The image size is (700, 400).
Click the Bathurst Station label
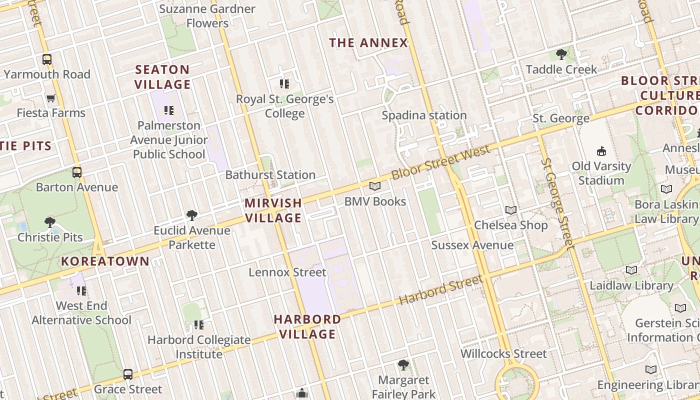coord(270,175)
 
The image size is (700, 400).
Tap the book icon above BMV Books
coord(374,186)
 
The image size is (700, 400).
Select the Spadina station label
coord(424,115)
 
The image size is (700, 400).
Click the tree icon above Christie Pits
coord(49,221)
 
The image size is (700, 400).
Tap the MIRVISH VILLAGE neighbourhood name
coord(273,210)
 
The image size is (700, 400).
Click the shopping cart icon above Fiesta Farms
coord(50,98)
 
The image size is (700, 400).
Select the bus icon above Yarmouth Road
coord(47,59)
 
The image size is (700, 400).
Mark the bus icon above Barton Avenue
coord(77,172)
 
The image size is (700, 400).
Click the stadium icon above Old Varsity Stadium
coord(601,151)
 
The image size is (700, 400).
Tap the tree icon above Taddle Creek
coord(561,54)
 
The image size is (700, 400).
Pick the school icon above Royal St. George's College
coord(284,84)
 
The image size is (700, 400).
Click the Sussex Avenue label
coord(472,245)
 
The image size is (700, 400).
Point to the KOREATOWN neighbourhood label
coord(105,261)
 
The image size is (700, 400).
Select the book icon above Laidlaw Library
coord(631,270)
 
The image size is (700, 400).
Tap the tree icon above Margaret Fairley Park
coord(403,365)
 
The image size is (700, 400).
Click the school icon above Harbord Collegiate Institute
coord(199,325)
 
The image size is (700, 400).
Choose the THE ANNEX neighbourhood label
coord(368,43)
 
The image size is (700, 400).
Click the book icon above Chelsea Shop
coord(510,210)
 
